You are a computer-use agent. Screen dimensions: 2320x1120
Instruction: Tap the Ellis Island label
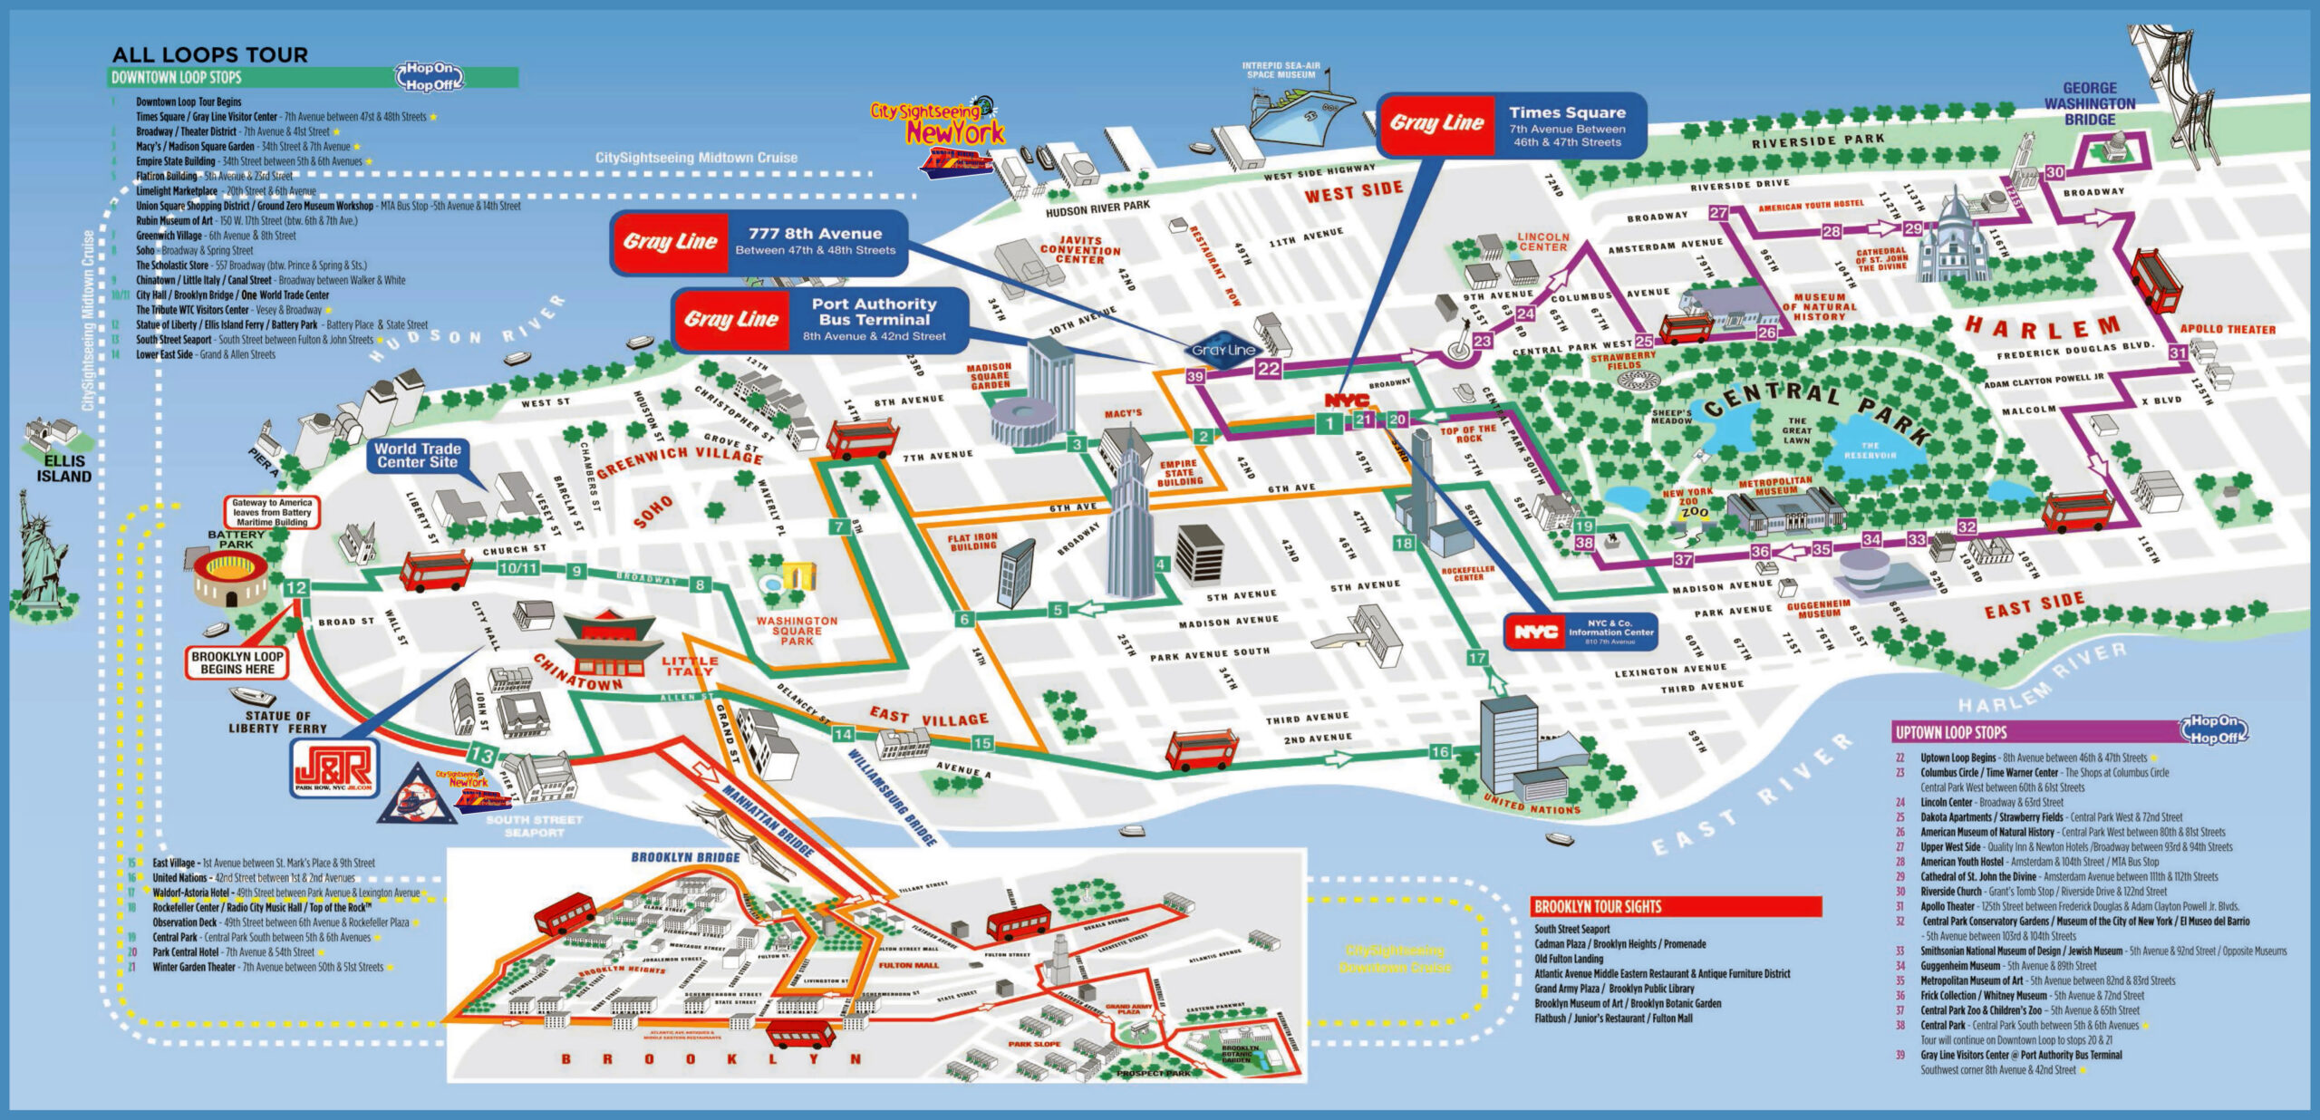point(63,468)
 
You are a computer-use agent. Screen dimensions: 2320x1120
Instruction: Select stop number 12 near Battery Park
point(295,588)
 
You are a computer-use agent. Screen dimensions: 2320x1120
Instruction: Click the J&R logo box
point(333,768)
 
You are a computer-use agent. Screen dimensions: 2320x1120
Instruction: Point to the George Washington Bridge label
point(2089,103)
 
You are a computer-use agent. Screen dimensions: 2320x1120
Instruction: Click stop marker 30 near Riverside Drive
point(2055,172)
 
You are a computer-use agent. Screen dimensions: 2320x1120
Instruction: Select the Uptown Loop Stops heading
point(1951,732)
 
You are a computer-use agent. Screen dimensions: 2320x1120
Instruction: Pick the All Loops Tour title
point(209,54)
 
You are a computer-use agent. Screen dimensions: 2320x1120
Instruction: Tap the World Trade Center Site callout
point(417,455)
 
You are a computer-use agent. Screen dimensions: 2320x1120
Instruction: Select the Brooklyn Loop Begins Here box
point(237,662)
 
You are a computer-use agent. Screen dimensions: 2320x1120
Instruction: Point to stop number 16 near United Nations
point(1440,751)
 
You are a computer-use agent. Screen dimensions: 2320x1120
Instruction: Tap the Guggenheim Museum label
point(1818,609)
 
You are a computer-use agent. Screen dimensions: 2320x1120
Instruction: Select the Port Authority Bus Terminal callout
point(820,320)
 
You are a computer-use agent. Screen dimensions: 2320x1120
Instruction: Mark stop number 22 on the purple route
point(1269,369)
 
